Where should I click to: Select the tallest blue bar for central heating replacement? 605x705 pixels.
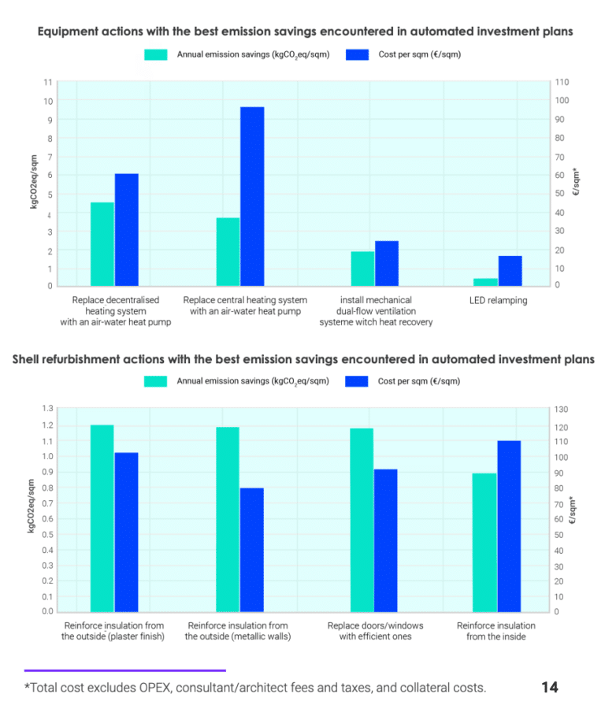click(252, 196)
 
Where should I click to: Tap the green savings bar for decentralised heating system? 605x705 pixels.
click(102, 243)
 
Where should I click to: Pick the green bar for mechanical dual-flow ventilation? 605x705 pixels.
click(362, 269)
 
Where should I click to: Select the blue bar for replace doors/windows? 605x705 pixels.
click(386, 540)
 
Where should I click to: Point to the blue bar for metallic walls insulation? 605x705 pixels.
click(252, 550)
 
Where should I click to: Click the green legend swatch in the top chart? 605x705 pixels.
click(155, 54)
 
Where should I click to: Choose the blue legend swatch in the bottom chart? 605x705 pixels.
click(356, 381)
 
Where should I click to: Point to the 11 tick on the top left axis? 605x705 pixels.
click(48, 82)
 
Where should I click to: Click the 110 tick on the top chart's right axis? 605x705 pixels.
click(562, 82)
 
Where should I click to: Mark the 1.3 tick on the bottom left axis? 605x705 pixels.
click(48, 409)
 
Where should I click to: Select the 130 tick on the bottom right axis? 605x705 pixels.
click(562, 410)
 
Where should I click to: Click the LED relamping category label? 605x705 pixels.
click(498, 300)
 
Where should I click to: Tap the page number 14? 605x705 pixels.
click(550, 687)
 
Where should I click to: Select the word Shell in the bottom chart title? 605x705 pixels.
click(28, 359)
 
